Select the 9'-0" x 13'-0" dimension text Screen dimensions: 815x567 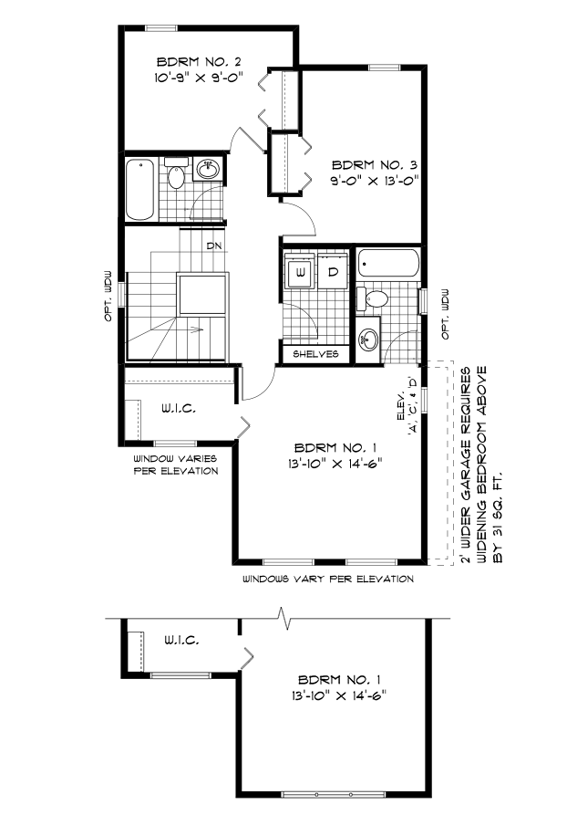pyautogui.click(x=374, y=180)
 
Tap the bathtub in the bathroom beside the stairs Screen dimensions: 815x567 pyautogui.click(x=139, y=189)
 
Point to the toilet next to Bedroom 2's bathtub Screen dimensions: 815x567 pyautogui.click(x=176, y=174)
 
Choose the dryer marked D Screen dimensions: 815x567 pyautogui.click(x=334, y=273)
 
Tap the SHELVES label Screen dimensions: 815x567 pyautogui.click(x=316, y=353)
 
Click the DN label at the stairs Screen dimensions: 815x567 pyautogui.click(x=214, y=246)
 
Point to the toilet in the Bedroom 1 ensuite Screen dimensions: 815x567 pyautogui.click(x=374, y=298)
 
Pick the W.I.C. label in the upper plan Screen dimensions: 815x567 pyautogui.click(x=180, y=409)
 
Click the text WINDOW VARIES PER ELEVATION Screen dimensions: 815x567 pyautogui.click(x=176, y=465)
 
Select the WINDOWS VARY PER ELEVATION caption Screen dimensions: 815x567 pyautogui.click(x=328, y=579)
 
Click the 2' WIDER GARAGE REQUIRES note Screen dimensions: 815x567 pyautogui.click(x=467, y=465)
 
